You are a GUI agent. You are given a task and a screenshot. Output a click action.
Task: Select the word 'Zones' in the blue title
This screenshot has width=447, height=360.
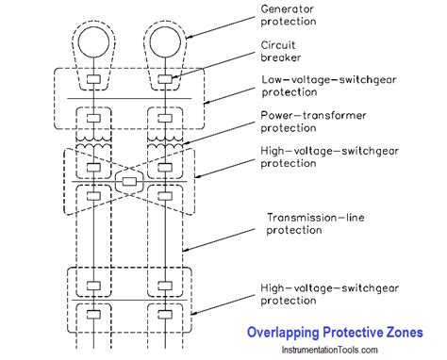[x=405, y=332]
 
